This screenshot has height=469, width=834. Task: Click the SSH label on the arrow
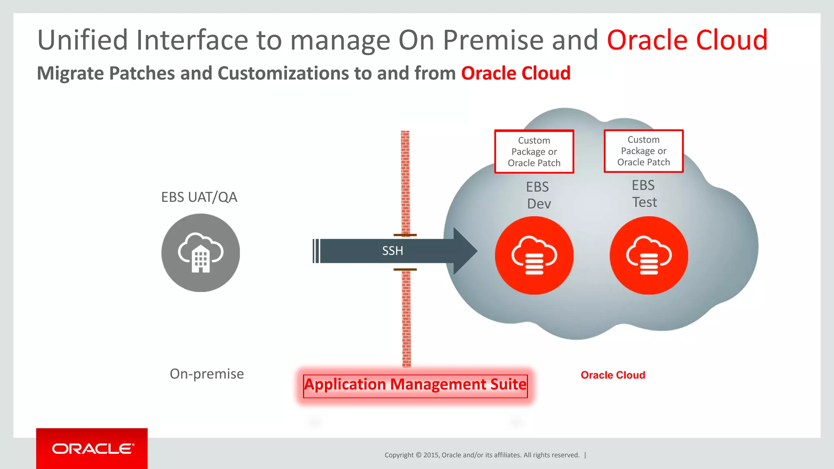392,251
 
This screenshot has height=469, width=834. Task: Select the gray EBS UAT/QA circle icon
200,253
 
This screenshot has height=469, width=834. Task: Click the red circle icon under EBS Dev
534,255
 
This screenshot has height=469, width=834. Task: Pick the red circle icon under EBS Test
649,255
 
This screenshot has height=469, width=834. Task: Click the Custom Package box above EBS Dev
534,151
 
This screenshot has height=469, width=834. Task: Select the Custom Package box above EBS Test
643,151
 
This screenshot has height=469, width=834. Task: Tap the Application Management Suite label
415,385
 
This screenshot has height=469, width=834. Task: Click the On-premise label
206,374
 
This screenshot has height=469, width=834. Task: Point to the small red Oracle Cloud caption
612,375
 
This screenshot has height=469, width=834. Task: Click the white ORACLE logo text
92,449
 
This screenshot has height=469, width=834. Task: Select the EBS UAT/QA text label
199,197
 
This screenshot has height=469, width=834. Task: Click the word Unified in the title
83,40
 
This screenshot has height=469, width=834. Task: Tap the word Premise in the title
493,40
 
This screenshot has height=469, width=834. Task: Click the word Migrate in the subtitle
70,74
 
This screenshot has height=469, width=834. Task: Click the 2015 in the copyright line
431,455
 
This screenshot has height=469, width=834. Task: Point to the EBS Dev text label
538,195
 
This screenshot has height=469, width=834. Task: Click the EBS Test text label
644,194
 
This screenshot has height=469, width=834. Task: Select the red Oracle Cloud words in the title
687,40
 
